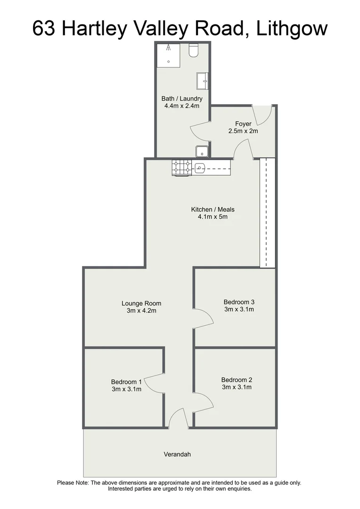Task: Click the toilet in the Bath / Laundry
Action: click(194, 50)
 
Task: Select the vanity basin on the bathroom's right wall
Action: click(203, 81)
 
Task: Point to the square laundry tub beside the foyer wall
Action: click(202, 151)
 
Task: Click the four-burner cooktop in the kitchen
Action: click(181, 167)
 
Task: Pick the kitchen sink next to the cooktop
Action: click(200, 167)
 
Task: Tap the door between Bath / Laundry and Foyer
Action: click(200, 130)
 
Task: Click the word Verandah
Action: click(177, 455)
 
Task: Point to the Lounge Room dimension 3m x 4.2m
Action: click(141, 311)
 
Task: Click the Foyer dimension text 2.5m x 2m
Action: click(243, 131)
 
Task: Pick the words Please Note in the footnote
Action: click(73, 483)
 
